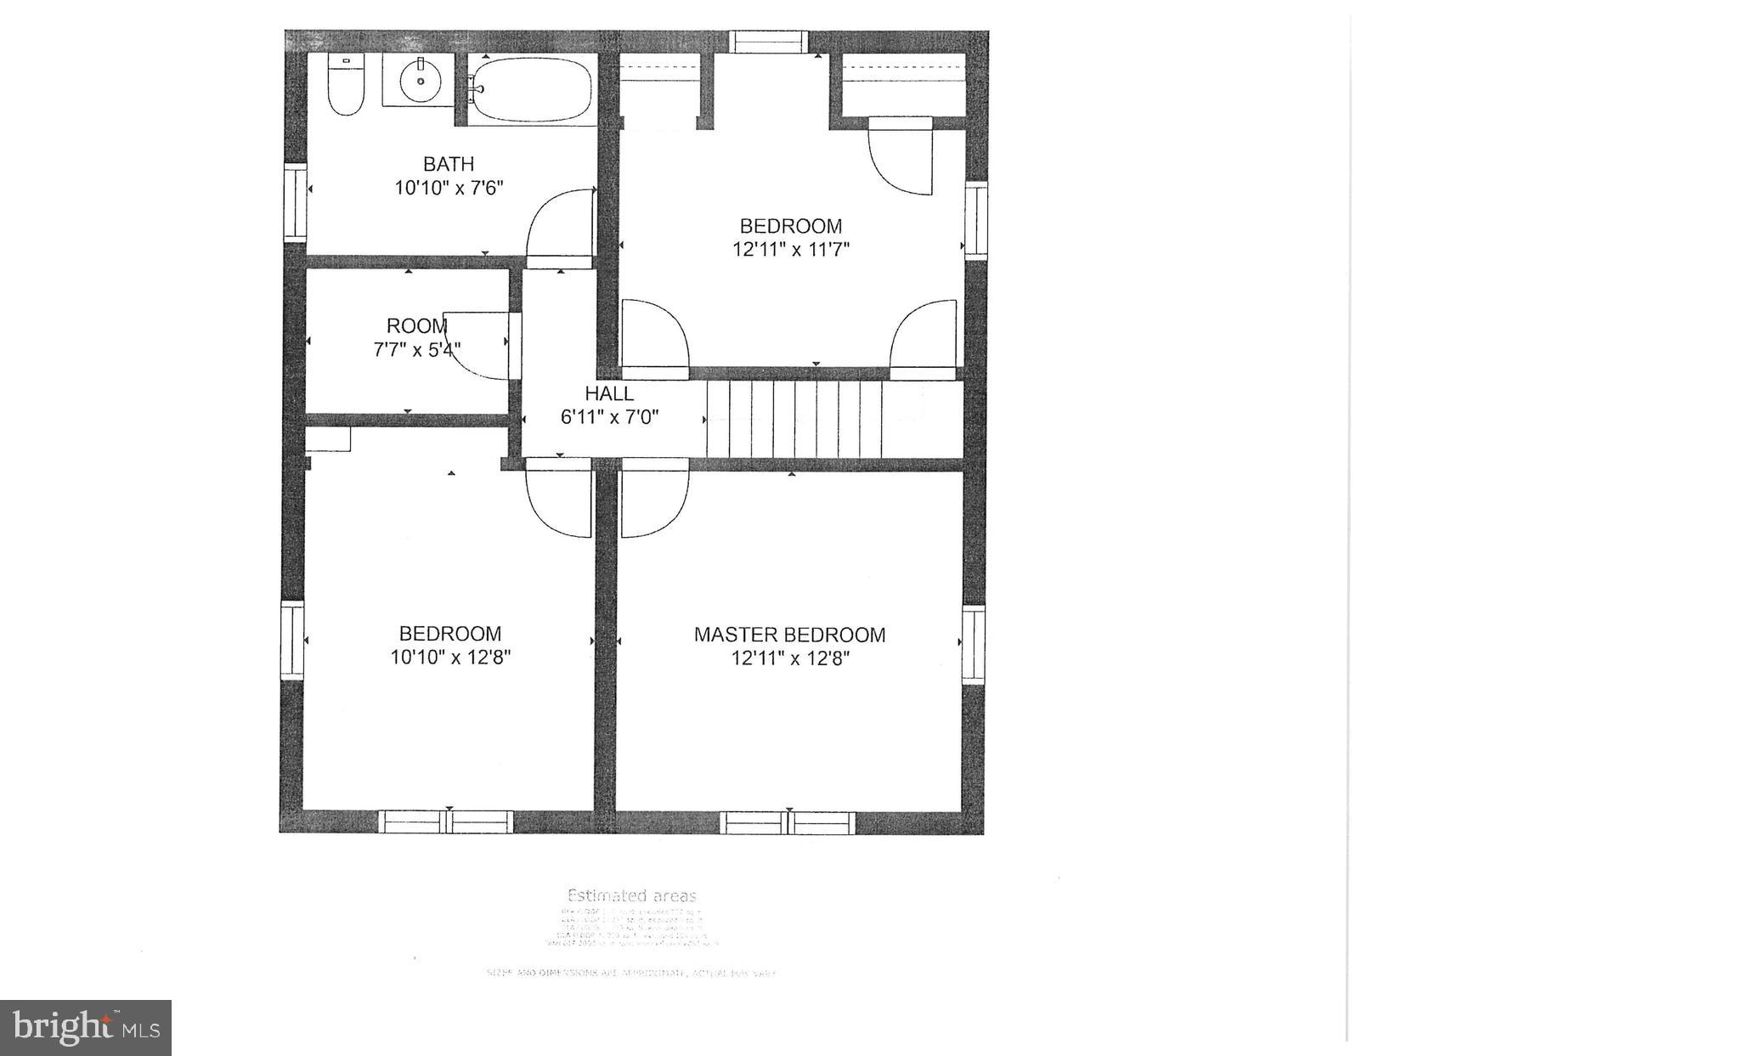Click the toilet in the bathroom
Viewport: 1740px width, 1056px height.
tap(346, 86)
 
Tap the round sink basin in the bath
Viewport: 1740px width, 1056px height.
tap(421, 80)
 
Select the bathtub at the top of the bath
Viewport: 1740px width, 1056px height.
tap(531, 89)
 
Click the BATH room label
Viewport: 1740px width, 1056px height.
tap(449, 164)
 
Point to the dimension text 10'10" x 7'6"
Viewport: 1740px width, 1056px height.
tap(449, 188)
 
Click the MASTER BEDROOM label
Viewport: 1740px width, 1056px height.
tap(789, 635)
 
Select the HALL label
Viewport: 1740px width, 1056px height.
tap(609, 393)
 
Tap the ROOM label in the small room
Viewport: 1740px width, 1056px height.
tap(416, 325)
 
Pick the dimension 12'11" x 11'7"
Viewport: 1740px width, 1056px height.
tap(791, 250)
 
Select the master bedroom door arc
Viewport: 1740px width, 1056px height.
tap(652, 503)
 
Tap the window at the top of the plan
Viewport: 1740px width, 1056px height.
tap(770, 42)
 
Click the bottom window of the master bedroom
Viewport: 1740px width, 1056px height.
tap(788, 822)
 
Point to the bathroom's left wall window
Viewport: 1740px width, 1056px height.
tap(295, 202)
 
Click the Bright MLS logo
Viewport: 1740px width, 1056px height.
tap(86, 1027)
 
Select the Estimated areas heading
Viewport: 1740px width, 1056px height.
tap(631, 895)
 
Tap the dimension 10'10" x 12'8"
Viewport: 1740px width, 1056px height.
tap(450, 657)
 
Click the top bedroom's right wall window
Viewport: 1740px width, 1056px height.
tap(976, 219)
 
